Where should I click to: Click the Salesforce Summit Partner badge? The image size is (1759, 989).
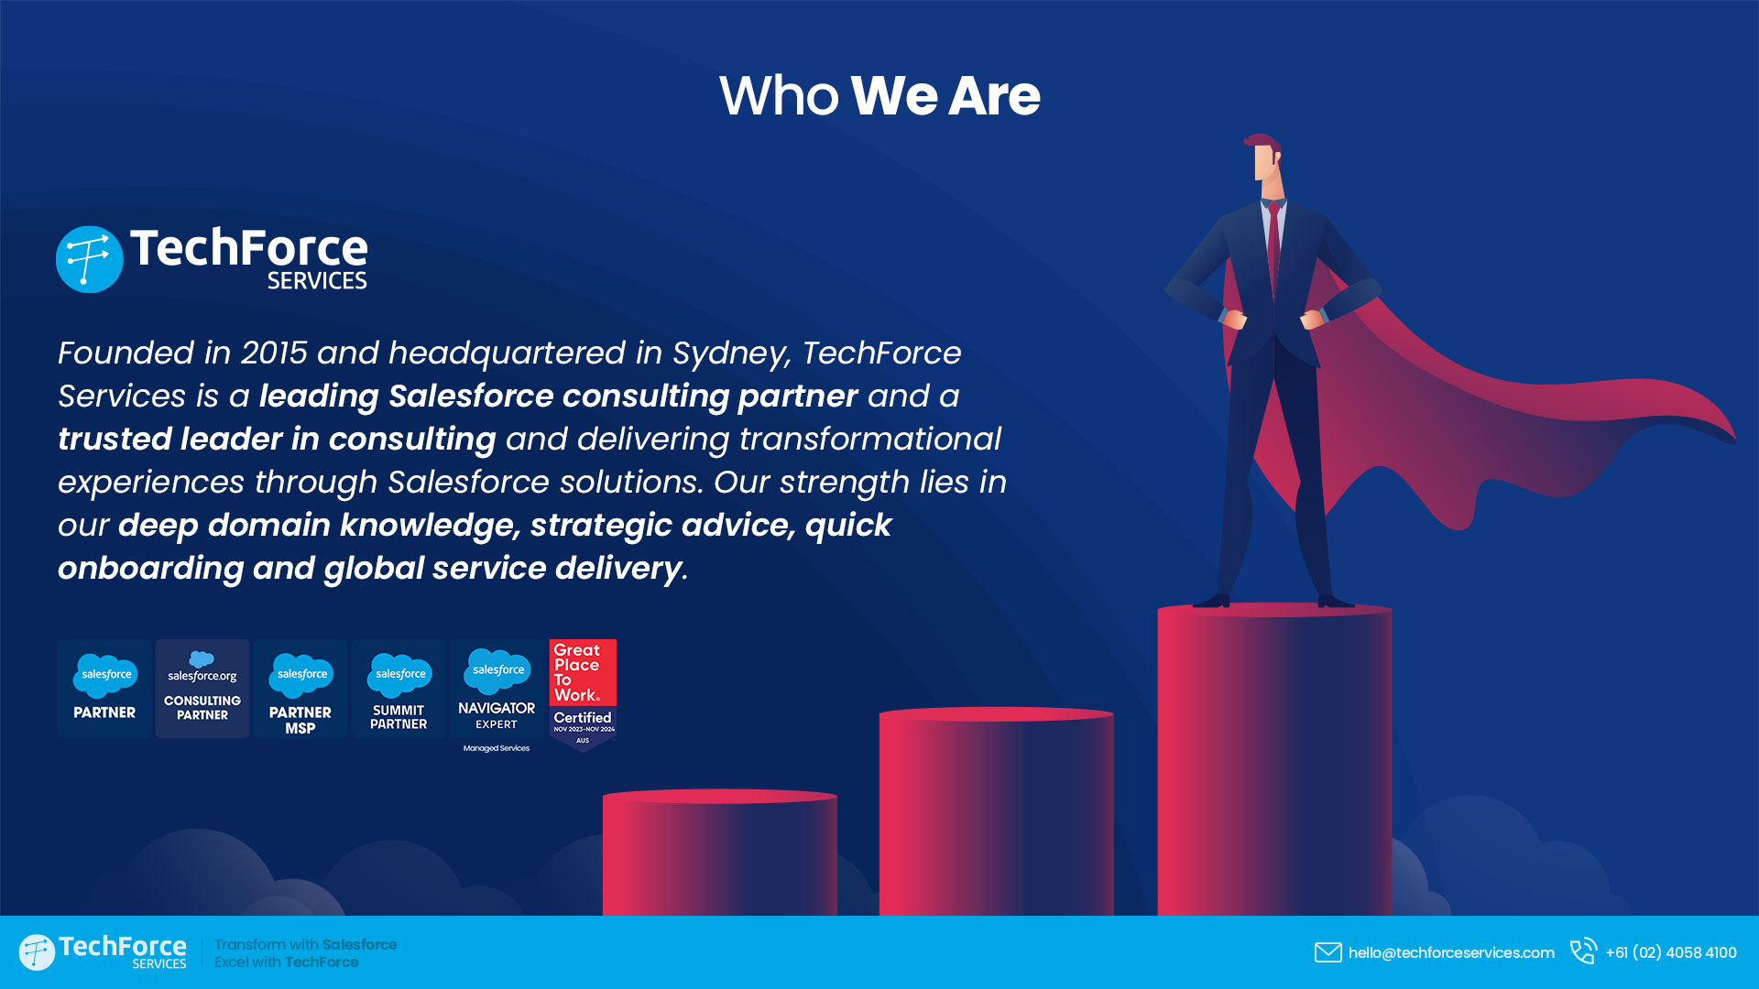coord(399,689)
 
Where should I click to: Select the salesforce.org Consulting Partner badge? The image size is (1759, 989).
coord(202,689)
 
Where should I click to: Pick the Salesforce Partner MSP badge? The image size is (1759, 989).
coord(300,689)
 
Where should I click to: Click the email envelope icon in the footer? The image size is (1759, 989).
coord(1327,952)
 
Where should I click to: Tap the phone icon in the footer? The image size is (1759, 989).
coord(1583,951)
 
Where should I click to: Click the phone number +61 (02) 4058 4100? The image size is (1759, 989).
coord(1671,952)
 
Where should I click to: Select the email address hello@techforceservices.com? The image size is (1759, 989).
coord(1451,952)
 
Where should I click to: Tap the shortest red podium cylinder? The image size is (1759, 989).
coord(720,853)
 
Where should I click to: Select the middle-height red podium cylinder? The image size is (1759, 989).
coord(997,811)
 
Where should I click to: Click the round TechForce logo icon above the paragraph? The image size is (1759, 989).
coord(90,259)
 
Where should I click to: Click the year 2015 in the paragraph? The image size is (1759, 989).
coord(274,353)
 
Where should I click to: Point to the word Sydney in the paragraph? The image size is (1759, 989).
coord(730,354)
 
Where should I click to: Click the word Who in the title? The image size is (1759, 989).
coord(779,95)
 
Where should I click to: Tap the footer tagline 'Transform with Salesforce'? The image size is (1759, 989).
coord(306,944)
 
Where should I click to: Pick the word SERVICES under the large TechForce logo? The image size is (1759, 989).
coord(317,280)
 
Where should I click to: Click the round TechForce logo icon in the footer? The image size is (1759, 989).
coord(37,952)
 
